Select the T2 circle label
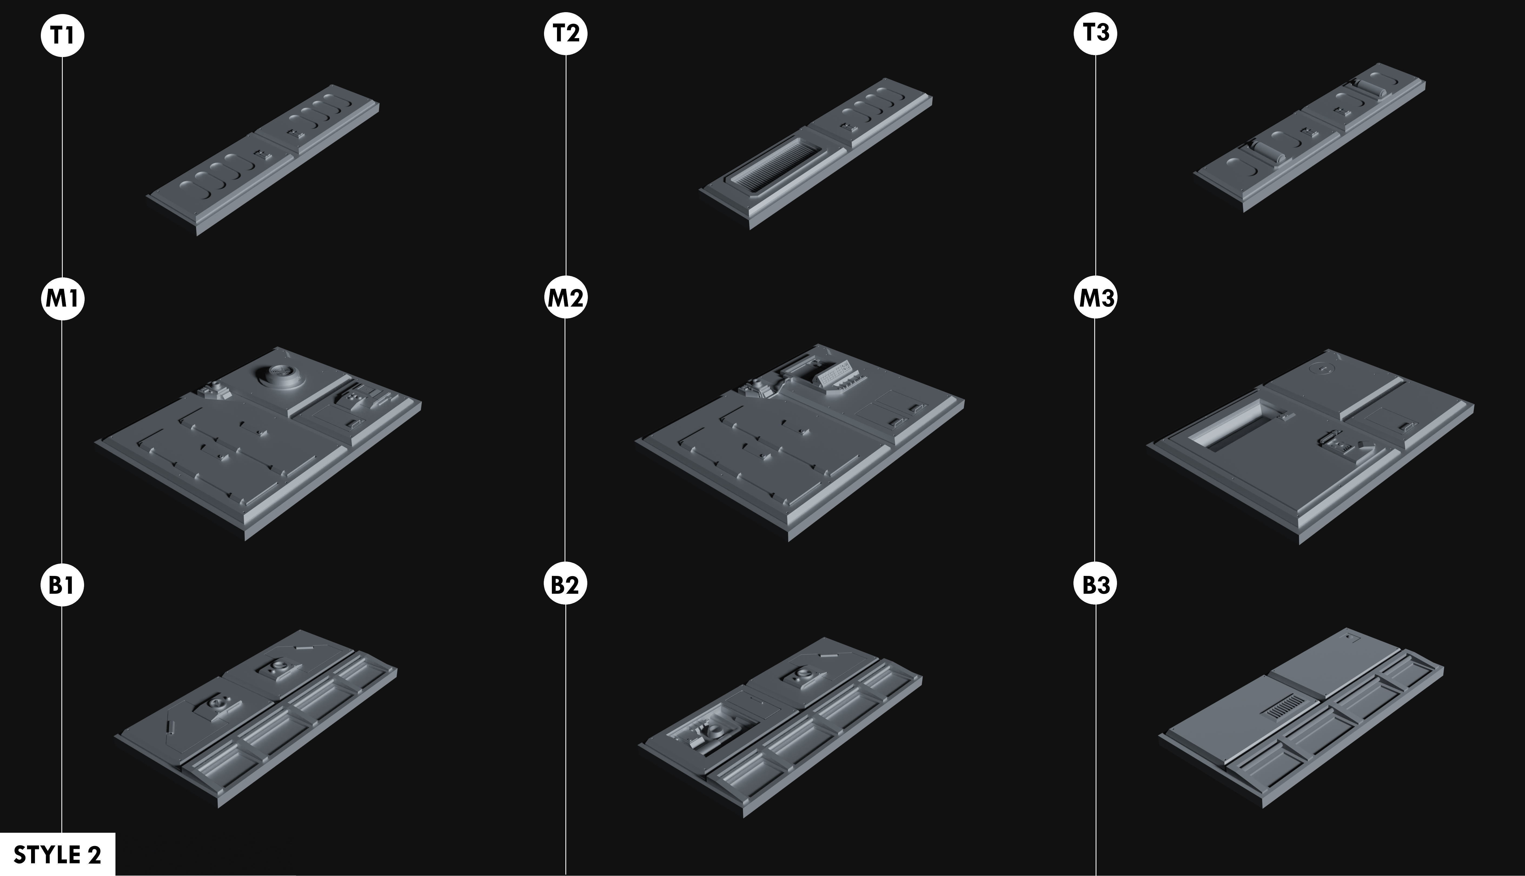pos(565,33)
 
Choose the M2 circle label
pos(565,298)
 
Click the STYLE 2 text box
pos(57,854)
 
